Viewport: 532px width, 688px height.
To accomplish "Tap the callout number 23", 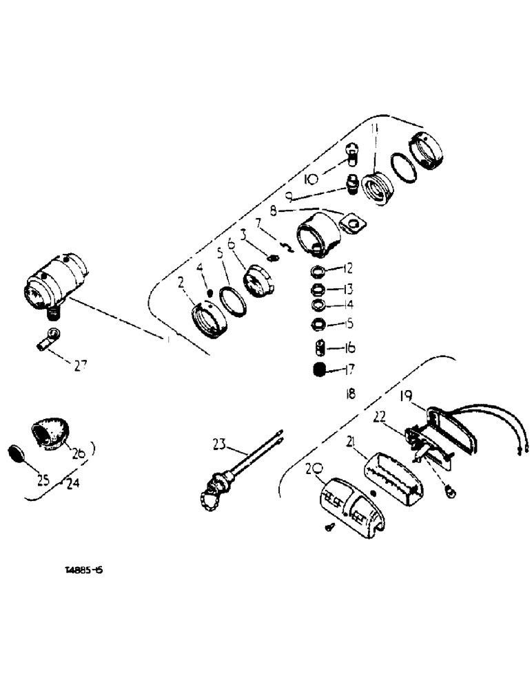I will coord(218,445).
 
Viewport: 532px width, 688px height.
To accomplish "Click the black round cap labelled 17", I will coord(318,370).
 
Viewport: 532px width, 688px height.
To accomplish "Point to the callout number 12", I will coord(348,268).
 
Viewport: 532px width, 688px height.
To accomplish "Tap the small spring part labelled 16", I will coord(318,348).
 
